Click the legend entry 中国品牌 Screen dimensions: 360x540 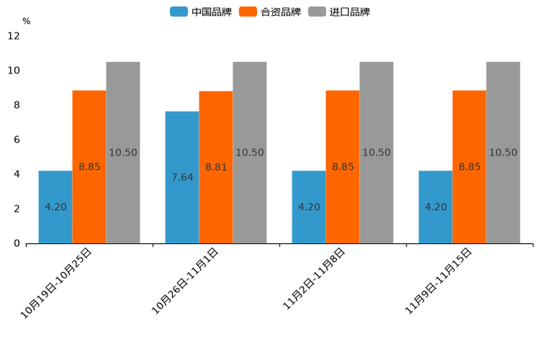tap(201, 12)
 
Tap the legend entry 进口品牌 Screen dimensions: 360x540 tap(339, 12)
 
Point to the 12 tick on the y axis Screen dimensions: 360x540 tap(14, 36)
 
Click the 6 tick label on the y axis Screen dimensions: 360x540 tap(17, 139)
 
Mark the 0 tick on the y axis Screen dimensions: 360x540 tap(17, 243)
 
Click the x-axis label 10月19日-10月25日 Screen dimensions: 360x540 tap(57, 282)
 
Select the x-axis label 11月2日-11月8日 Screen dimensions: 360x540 tap(314, 279)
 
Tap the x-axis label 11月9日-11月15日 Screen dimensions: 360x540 tap(438, 280)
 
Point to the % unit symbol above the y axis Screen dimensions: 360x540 tap(26, 21)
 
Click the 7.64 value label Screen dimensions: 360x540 tap(182, 177)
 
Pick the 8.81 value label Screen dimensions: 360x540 tap(216, 167)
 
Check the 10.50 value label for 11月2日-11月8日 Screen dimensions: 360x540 tap(376, 152)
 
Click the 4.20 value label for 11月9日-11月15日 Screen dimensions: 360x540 tap(435, 207)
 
